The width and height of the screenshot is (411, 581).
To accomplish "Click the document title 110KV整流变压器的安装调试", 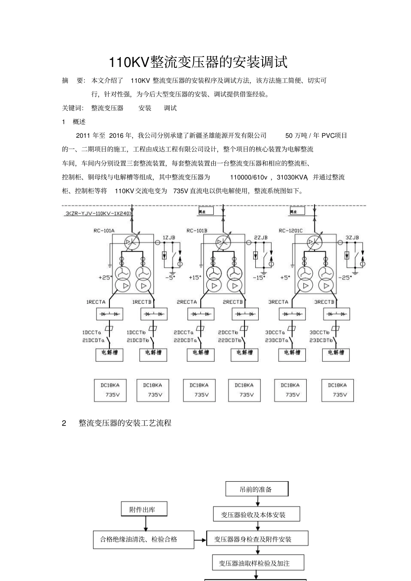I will pyautogui.click(x=198, y=62).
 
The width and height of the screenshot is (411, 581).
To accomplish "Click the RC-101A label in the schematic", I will pyautogui.click(x=104, y=231).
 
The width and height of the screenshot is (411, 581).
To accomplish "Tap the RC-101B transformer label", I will pyautogui.click(x=197, y=231).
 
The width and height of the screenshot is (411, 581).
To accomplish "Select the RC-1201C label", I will pyautogui.click(x=291, y=231).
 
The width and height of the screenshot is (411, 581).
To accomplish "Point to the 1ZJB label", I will pyautogui.click(x=169, y=238).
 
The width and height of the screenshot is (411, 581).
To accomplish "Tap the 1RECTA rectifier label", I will pyautogui.click(x=96, y=302).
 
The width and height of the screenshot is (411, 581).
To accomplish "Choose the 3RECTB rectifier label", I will pyautogui.click(x=324, y=302).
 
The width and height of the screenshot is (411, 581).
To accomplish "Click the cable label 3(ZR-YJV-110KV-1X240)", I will pyautogui.click(x=98, y=213).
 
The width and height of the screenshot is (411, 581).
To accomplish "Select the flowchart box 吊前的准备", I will pyautogui.click(x=257, y=489).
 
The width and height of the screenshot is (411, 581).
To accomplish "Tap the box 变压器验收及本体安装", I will pyautogui.click(x=256, y=514).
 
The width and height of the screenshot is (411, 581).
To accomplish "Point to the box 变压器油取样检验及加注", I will pyautogui.click(x=258, y=563).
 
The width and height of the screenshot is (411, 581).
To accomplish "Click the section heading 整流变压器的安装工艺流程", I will pyautogui.click(x=125, y=423).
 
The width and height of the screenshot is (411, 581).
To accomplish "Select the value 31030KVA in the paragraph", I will pyautogui.click(x=292, y=177).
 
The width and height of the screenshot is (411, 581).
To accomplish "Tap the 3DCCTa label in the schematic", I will pyautogui.click(x=275, y=332).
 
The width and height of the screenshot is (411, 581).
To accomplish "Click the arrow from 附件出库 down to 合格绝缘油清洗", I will pyautogui.click(x=145, y=523).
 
